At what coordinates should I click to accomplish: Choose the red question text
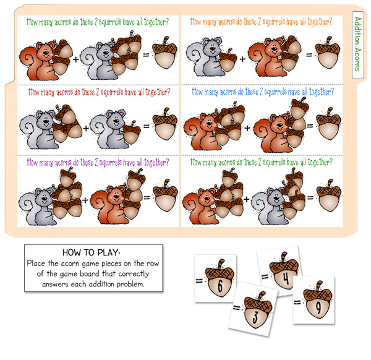[100, 93]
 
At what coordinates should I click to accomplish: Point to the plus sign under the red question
[85, 129]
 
